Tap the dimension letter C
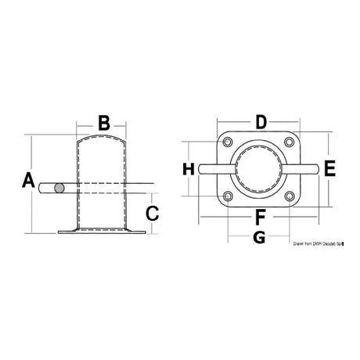click(x=153, y=212)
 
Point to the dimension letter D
click(x=261, y=122)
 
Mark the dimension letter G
click(x=261, y=236)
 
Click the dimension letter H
click(x=188, y=168)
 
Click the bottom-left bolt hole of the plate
click(x=227, y=196)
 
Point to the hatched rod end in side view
click(x=60, y=188)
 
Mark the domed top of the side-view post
click(x=103, y=141)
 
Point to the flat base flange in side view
click(x=103, y=231)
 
